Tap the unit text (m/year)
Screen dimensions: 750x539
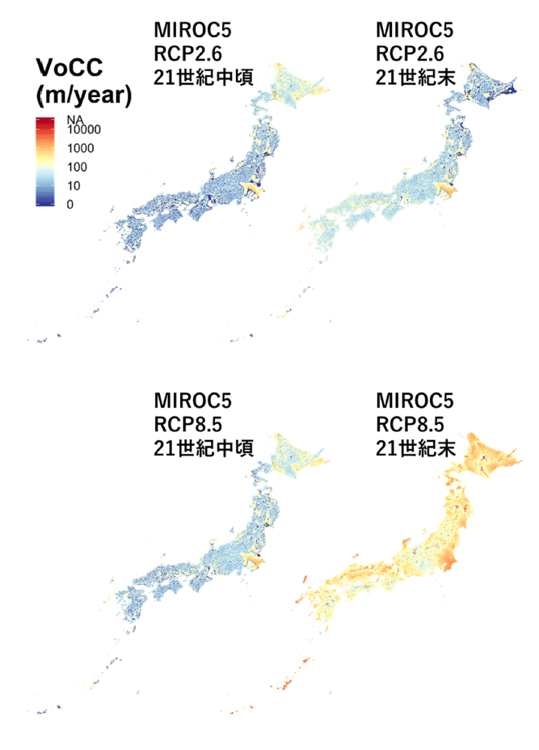tap(84, 95)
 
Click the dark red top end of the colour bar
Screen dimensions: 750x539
tap(44, 121)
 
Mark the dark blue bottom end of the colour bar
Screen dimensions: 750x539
tap(44, 204)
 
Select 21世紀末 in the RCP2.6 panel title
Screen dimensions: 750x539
tap(415, 79)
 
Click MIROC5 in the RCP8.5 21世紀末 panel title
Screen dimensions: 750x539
tap(415, 400)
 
